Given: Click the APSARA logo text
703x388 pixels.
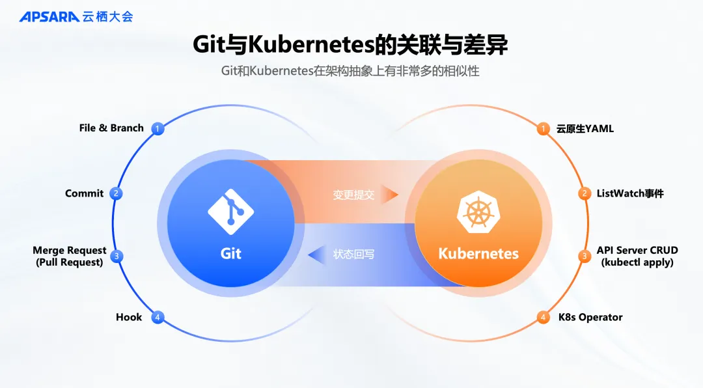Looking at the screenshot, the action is point(49,16).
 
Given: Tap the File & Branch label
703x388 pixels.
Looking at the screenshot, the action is point(111,128).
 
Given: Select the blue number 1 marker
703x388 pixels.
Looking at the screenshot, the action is point(157,128).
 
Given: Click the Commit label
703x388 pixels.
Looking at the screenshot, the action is point(84,193).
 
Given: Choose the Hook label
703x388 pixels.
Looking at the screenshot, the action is point(129,317).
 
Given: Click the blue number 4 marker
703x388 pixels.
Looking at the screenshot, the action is point(157,318).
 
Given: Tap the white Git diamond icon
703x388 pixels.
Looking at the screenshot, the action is point(230,212).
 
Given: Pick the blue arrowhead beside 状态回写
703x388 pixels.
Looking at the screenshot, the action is point(317,255).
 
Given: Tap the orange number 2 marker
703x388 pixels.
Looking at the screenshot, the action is point(585,193).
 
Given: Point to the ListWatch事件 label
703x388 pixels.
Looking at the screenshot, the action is point(630,193).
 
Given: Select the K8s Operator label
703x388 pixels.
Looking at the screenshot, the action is point(590,317).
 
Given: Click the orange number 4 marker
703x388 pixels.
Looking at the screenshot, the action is point(544,318).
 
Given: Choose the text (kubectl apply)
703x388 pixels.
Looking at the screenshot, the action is point(637,262).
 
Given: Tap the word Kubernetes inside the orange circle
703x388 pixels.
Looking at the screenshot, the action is point(478,253).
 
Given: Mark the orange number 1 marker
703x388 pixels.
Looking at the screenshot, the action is point(544,128).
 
